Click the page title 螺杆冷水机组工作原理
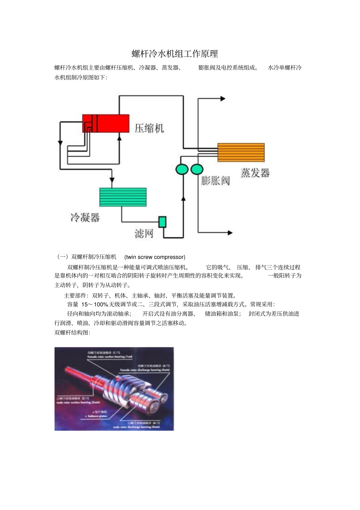[175, 53]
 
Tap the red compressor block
[106, 123]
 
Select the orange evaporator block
[241, 152]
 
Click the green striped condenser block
[123, 197]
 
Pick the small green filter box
[162, 222]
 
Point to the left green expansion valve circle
[182, 169]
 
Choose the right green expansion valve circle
[197, 169]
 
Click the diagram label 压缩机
[149, 128]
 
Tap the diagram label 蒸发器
[255, 173]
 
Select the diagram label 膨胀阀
[215, 180]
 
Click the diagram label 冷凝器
[85, 217]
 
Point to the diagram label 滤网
[144, 233]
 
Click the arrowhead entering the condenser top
[111, 180]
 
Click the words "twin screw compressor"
[155, 257]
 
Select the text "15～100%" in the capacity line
[95, 304]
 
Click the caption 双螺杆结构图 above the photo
[72, 333]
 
